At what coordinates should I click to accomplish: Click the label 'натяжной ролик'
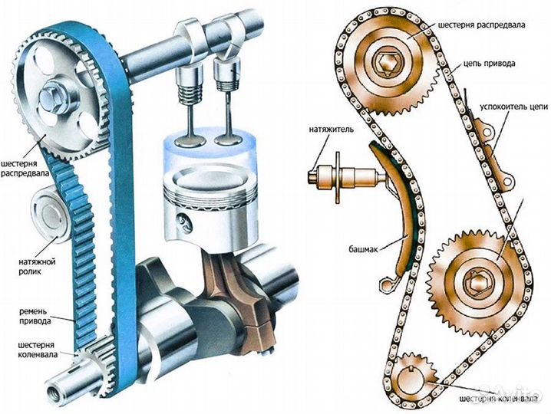coord(37,266)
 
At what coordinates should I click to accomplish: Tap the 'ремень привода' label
coord(35,316)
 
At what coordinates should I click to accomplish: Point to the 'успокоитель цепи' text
coord(513,107)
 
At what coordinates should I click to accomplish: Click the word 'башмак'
coord(363,249)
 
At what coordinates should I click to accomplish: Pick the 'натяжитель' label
coord(332,130)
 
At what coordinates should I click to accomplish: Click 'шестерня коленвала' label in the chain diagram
coord(498,399)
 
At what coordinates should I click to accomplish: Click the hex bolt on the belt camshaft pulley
coord(51,97)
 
